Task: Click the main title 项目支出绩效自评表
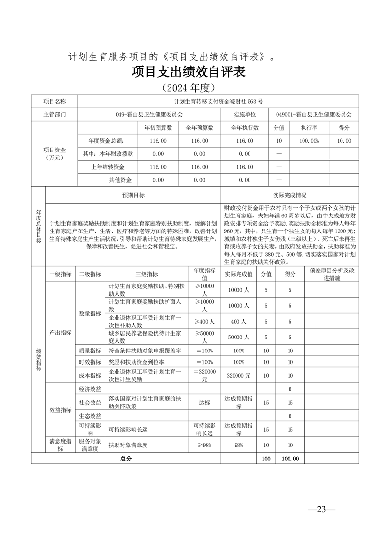coord(188,72)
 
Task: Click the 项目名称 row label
coord(54,101)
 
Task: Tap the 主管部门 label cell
coord(54,115)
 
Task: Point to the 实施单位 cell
coord(245,115)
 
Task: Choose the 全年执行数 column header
coord(245,128)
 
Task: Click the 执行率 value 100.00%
coord(310,141)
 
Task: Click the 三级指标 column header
coord(146,274)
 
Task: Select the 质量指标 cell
coord(90,351)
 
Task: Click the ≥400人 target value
coord(204,321)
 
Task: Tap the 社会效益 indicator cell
coord(90,402)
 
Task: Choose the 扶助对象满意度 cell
coord(128,445)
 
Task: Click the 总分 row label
coord(126,459)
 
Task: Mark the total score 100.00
coord(290,459)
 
